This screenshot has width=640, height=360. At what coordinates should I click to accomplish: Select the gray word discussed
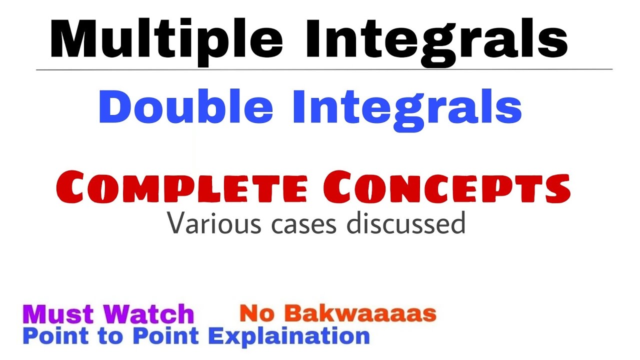(406, 223)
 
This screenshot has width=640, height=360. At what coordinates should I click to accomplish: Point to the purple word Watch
(149, 314)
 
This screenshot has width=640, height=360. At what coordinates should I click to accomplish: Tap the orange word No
(256, 313)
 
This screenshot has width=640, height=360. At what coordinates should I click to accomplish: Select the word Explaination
(289, 335)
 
